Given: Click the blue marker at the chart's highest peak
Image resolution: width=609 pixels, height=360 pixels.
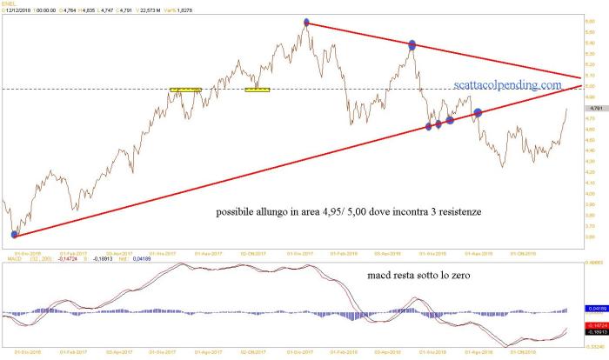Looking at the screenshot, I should click(x=306, y=23).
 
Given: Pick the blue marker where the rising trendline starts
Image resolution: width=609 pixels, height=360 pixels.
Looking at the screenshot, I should click(x=14, y=234).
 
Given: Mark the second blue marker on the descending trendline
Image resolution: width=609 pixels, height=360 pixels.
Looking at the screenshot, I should click(x=412, y=44).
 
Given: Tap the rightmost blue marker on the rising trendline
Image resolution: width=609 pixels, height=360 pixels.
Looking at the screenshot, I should click(x=478, y=112).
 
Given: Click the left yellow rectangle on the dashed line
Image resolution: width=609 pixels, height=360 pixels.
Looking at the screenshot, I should click(x=185, y=89).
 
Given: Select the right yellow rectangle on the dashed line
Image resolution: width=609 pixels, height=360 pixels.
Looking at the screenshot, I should click(x=258, y=89).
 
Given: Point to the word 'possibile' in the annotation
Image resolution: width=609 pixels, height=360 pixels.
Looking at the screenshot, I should click(x=239, y=211).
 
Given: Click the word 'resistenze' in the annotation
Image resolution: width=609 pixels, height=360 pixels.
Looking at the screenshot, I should click(x=449, y=211).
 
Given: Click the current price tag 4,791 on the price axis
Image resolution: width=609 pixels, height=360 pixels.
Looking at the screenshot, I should click(x=595, y=109).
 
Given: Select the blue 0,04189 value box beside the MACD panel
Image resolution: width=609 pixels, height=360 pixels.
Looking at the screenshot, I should click(x=595, y=309).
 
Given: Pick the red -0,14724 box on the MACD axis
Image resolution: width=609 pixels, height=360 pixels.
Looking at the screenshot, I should click(x=595, y=324).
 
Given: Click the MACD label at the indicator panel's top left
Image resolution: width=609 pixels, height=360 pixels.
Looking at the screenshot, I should click(x=13, y=259).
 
